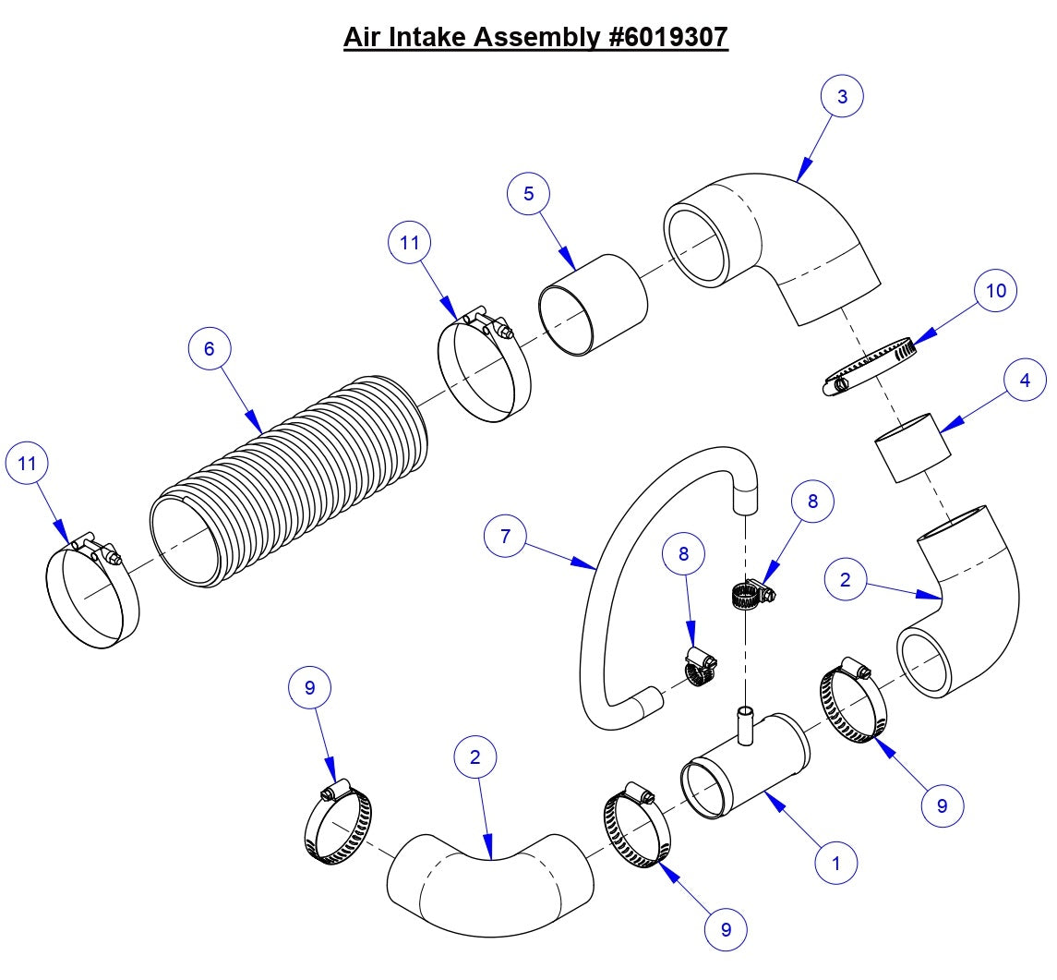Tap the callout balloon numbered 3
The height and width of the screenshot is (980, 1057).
pyautogui.click(x=842, y=96)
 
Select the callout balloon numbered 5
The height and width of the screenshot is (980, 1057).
pyautogui.click(x=528, y=194)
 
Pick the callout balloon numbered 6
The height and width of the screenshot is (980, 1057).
pyautogui.click(x=209, y=348)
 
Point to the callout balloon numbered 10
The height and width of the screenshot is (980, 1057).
pyautogui.click(x=996, y=291)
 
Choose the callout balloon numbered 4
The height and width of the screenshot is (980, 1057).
pyautogui.click(x=1025, y=380)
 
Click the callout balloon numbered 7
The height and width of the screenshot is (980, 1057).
pyautogui.click(x=506, y=536)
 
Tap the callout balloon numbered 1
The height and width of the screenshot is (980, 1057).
pyautogui.click(x=836, y=864)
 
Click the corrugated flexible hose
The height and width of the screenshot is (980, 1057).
pyautogui.click(x=295, y=480)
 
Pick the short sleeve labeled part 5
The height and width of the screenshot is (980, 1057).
pyautogui.click(x=591, y=305)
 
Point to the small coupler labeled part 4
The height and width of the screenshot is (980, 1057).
pyautogui.click(x=912, y=449)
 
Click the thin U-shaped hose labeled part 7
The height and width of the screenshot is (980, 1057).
pyautogui.click(x=600, y=573)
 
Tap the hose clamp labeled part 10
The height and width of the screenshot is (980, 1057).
pyautogui.click(x=868, y=368)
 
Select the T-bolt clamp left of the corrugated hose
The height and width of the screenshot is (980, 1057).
pyautogui.click(x=92, y=591)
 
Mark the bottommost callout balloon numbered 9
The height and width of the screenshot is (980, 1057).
pyautogui.click(x=726, y=929)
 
